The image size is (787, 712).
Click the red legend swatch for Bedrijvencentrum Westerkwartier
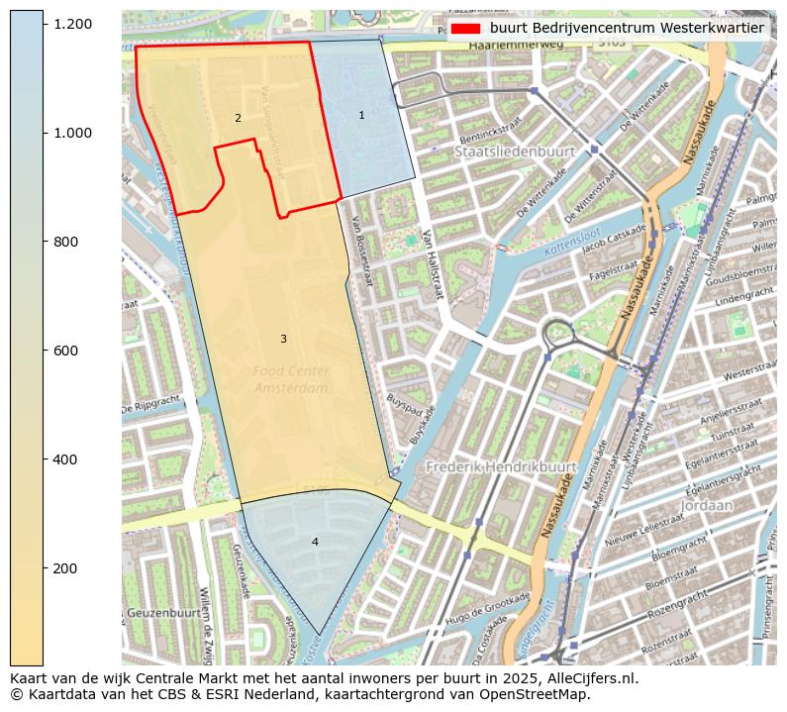click(x=464, y=29)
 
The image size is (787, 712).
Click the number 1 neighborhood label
click(x=361, y=116)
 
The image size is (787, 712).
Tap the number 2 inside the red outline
click(x=238, y=119)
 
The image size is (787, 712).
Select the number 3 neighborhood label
click(x=283, y=340)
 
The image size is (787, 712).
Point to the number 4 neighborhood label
click(x=315, y=542)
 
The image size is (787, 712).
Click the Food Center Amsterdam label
click(x=291, y=380)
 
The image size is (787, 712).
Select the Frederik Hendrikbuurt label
click(x=501, y=465)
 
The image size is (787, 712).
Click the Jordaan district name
click(x=707, y=505)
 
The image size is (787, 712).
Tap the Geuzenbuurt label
click(x=163, y=613)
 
